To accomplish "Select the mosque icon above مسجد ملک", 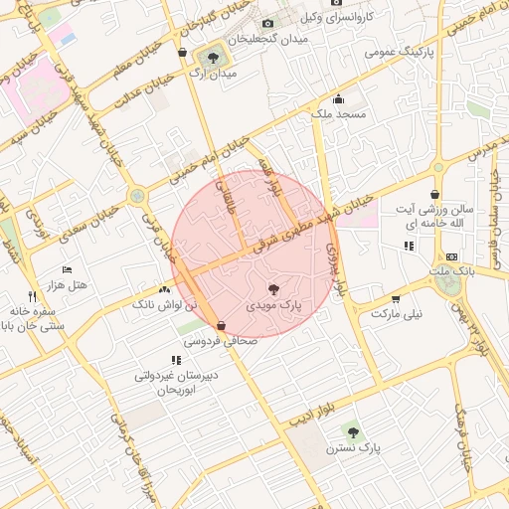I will click(338, 98).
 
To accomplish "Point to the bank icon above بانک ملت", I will click(452, 256).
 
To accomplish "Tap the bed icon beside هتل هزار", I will click(67, 270).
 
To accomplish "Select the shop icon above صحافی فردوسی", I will click(220, 325).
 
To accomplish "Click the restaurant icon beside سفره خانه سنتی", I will click(32, 296).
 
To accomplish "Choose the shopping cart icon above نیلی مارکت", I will click(396, 298).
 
